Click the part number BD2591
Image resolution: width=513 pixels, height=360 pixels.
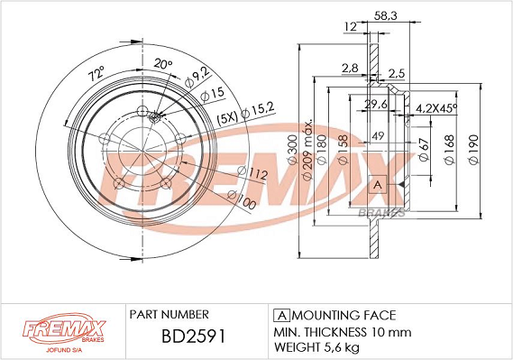[x=193, y=337]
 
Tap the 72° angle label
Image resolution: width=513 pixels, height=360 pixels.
[x=96, y=74]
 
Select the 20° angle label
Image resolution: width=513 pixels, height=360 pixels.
[x=163, y=63]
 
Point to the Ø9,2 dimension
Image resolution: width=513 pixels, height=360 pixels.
[x=197, y=78]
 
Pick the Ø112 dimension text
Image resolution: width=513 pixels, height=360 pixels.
[x=252, y=172]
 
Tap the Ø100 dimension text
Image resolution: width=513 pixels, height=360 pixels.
[x=242, y=199]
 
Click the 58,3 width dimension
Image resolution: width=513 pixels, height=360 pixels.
[x=385, y=15]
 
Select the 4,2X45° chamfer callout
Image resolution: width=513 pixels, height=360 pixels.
[x=436, y=107]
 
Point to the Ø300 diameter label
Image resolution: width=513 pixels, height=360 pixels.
[x=292, y=149]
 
